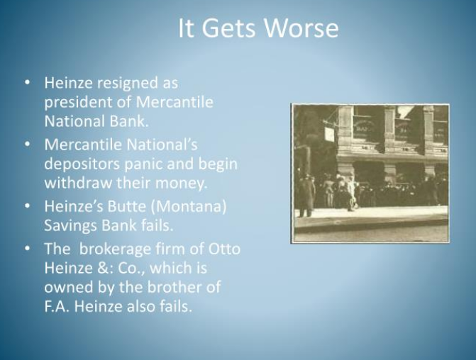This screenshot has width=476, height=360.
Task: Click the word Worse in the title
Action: tap(301, 28)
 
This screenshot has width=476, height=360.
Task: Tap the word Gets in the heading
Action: tap(228, 28)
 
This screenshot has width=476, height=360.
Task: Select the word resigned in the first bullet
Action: tap(128, 84)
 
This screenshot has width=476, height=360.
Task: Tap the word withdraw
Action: tap(79, 183)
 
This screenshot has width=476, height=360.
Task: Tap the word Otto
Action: tap(224, 249)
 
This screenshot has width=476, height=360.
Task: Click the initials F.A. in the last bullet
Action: tap(57, 307)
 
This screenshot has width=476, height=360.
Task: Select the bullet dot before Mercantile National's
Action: tap(28, 144)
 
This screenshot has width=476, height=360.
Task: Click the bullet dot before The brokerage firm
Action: tap(28, 249)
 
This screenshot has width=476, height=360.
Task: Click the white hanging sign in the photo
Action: tap(330, 134)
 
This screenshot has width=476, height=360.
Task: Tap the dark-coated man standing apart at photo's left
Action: tap(306, 196)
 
